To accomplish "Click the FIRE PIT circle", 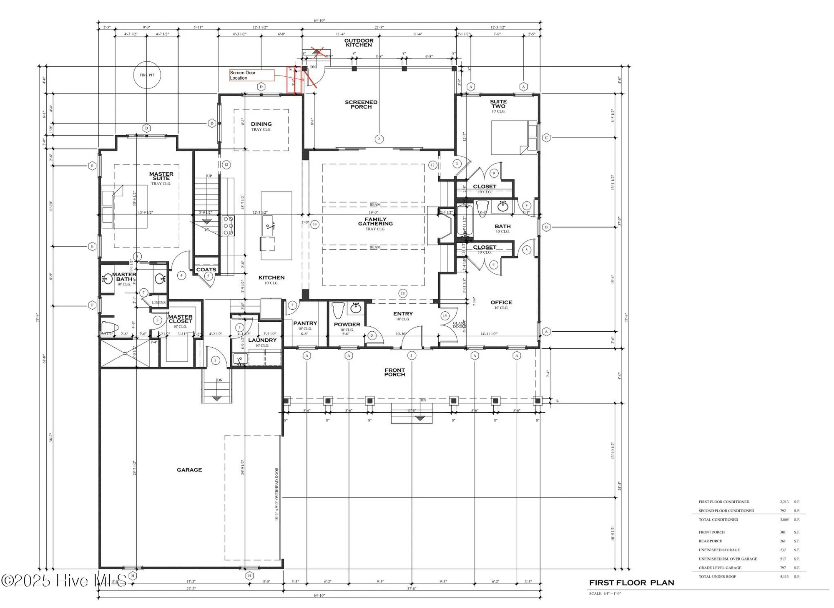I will click(147, 75).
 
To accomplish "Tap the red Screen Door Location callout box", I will click(251, 75).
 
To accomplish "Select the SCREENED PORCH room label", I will click(361, 104).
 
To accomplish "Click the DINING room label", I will click(261, 124).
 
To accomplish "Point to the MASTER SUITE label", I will click(161, 176).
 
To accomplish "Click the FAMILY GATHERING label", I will click(375, 222).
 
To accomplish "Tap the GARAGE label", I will click(189, 470).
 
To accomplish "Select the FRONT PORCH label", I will click(394, 372).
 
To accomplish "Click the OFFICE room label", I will click(501, 303).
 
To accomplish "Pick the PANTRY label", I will click(305, 323).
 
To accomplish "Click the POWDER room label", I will click(347, 325).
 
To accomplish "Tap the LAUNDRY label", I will click(262, 340).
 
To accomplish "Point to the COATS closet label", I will click(206, 270).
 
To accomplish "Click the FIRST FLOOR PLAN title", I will click(631, 583).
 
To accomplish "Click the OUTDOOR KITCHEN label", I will click(359, 43).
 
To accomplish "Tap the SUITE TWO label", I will click(498, 104).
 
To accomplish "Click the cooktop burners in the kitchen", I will click(228, 225).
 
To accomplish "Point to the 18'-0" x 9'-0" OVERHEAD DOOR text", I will click(276, 494).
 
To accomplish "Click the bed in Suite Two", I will click(514, 138).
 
